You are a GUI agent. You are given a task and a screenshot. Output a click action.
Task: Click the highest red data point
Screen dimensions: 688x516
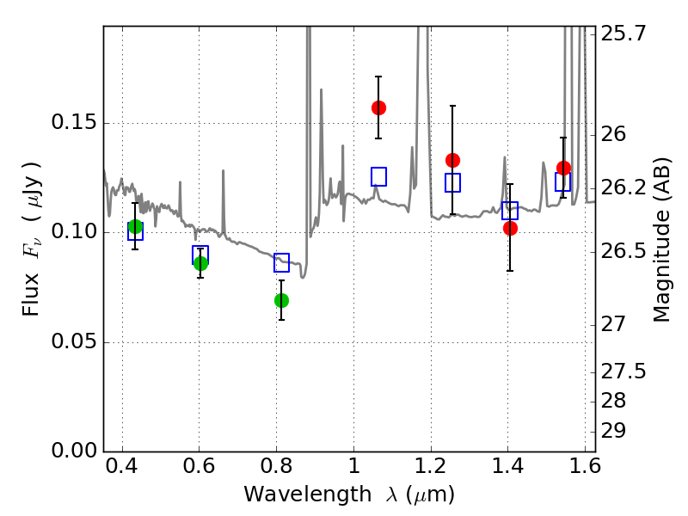coord(378,107)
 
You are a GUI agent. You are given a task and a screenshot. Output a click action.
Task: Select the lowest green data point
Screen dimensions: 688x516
coord(281,300)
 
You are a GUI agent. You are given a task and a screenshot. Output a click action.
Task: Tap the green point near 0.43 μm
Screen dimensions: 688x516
coord(135,227)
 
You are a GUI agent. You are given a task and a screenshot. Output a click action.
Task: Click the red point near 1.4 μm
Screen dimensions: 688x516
coord(510,228)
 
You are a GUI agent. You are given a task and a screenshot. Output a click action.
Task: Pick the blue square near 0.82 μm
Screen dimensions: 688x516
coord(281,262)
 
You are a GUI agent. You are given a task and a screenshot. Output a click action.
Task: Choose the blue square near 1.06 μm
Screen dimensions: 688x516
coord(378,176)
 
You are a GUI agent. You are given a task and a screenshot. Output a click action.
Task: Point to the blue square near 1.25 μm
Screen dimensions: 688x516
coord(453,182)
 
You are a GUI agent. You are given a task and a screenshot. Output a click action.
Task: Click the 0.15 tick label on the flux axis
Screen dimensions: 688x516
coord(74,121)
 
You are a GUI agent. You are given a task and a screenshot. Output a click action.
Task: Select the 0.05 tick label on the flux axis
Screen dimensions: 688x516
coord(74,341)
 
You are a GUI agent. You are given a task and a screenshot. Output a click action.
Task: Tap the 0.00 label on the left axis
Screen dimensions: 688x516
coord(74,451)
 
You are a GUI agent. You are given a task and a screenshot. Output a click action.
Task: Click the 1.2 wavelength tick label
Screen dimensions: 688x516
coord(431,466)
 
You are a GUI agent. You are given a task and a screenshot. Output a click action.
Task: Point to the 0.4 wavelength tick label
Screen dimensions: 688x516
coord(122,466)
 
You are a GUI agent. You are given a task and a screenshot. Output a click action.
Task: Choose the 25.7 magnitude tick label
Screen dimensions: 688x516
coord(623,33)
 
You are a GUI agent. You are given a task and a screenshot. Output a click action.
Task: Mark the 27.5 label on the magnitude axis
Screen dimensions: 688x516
coord(623,372)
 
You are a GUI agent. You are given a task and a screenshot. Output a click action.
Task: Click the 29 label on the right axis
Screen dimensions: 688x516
coord(613,431)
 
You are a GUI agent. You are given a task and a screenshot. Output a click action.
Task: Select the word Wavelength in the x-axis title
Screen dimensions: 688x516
coord(308,494)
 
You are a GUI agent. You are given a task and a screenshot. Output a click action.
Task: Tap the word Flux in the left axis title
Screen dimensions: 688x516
coord(31,294)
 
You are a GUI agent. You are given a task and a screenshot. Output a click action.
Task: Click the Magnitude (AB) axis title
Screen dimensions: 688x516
coord(661,240)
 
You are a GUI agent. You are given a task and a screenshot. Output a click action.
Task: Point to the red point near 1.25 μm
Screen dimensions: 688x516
coord(453,160)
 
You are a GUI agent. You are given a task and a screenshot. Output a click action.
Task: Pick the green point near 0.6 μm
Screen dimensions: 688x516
coord(200,263)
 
